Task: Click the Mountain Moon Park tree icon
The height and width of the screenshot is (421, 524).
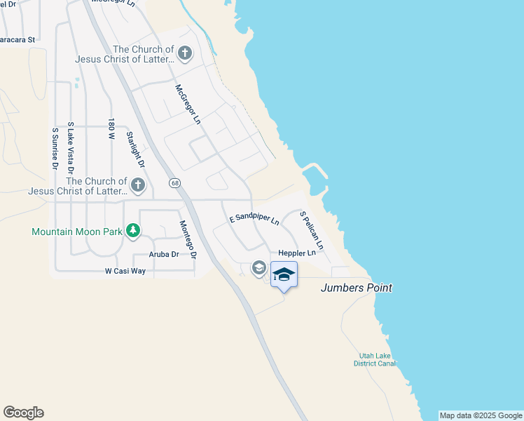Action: click(132, 231)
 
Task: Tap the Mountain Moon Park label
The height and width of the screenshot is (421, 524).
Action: click(77, 232)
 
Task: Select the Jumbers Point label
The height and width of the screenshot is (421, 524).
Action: click(356, 288)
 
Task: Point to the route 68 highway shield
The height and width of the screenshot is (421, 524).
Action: click(174, 182)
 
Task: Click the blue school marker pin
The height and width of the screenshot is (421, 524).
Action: click(284, 274)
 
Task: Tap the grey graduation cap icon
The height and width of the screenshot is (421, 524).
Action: click(258, 267)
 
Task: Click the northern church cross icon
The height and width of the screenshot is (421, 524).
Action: click(184, 53)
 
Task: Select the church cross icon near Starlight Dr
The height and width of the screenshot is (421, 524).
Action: click(138, 185)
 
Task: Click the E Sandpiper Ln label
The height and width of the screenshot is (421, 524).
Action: click(254, 219)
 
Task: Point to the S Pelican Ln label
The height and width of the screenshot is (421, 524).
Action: click(311, 230)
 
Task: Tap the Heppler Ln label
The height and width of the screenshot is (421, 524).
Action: click(296, 253)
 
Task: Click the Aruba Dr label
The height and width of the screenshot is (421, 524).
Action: click(164, 255)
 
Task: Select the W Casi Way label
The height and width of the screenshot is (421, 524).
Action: click(125, 270)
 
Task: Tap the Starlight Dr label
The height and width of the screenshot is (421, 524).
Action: click(135, 149)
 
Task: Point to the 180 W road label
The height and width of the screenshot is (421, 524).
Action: click(111, 130)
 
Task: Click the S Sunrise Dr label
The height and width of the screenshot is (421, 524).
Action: click(55, 148)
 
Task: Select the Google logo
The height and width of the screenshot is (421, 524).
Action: click(23, 413)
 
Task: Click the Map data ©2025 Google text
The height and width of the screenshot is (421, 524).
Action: click(481, 415)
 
